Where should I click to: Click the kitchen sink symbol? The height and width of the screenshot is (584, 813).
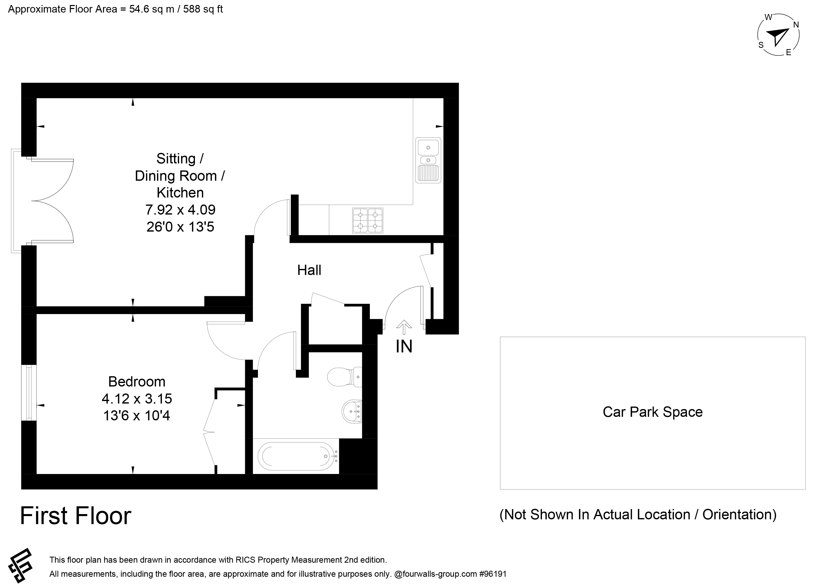(x=428, y=160)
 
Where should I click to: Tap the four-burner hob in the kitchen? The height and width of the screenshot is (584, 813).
(x=367, y=221)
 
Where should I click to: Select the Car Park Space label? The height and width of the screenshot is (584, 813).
(x=653, y=412)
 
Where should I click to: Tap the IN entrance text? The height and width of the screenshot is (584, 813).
(x=404, y=346)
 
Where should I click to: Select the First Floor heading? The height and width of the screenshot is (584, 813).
(x=76, y=516)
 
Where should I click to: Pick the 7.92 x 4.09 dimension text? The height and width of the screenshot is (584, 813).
(x=180, y=210)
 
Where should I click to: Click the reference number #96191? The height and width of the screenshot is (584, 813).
(x=493, y=574)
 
